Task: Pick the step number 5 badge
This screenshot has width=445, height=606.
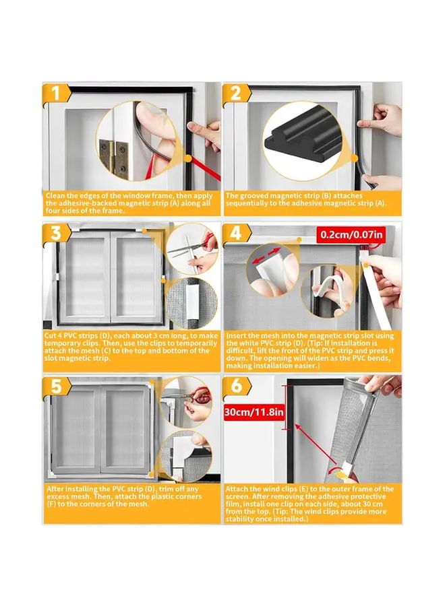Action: click(56, 386)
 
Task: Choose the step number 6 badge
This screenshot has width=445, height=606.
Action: click(237, 386)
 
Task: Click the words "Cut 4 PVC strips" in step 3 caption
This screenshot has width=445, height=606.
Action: click(76, 335)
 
